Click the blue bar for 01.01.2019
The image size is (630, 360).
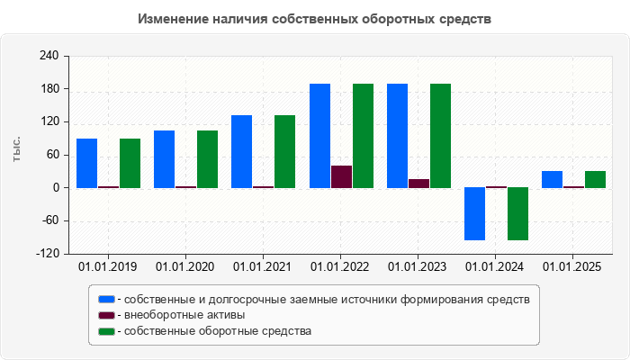coord(86,163)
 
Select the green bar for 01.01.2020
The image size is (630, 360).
coord(207,159)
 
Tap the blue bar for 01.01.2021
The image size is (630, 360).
coord(241,151)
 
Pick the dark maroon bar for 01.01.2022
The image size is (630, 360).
coord(341,176)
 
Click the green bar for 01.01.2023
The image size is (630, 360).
coord(440,136)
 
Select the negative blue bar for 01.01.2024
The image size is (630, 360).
coord(474,213)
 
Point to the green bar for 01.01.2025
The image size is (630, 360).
coord(595,179)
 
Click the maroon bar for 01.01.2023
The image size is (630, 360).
coord(418,183)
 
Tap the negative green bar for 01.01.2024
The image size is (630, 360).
coord(517,213)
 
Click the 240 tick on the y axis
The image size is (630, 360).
coord(49,56)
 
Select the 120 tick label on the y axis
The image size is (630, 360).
coord(49,121)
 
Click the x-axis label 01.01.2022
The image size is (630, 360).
coord(340,266)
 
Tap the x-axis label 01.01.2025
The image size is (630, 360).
coord(573,266)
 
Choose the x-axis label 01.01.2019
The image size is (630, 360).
coord(108,266)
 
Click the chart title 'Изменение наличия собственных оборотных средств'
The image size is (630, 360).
coord(315,19)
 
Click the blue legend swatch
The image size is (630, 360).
coord(107,299)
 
